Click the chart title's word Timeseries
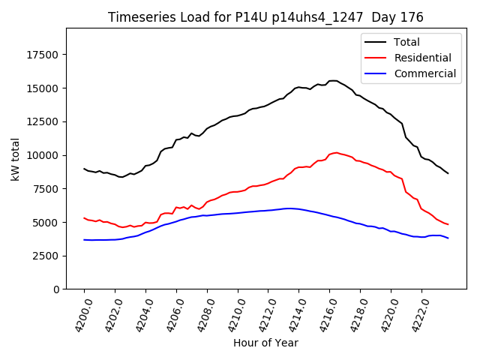tap(138, 17)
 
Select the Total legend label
tap(406, 42)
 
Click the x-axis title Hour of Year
tap(265, 343)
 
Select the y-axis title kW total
tap(15, 159)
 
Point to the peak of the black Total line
tap(332, 80)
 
